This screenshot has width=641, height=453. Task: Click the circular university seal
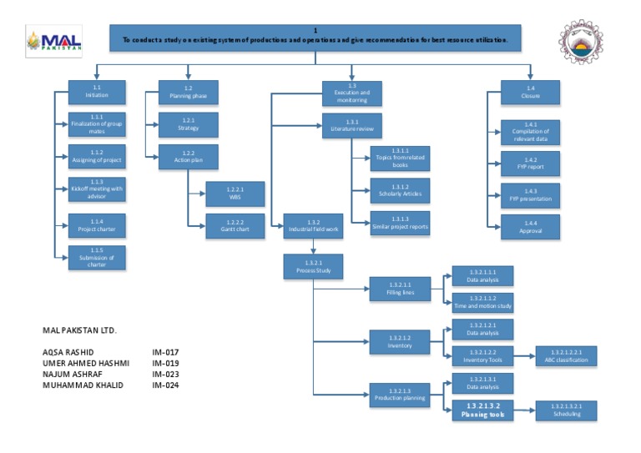pos(591,43)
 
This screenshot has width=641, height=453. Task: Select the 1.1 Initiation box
pos(97,92)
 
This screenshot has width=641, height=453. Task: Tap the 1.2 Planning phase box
pos(188,92)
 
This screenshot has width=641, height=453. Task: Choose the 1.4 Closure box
pos(530,92)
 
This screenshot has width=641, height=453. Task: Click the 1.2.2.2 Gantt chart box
pos(235,226)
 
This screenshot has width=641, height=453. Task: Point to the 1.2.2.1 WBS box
pos(235,194)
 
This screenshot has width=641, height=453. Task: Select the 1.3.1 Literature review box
pos(351,125)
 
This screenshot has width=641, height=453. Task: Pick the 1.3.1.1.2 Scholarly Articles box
pos(400,190)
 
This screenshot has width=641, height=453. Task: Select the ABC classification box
pos(566,356)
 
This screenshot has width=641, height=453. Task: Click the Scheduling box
pos(566,410)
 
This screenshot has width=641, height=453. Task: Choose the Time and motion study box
pos(482,302)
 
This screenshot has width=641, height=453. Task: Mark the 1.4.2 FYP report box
pos(530,163)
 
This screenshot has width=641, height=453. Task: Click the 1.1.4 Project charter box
pos(97,225)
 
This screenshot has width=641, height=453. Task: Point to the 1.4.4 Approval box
pos(530,227)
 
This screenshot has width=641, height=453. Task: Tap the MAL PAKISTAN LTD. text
pos(80,330)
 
